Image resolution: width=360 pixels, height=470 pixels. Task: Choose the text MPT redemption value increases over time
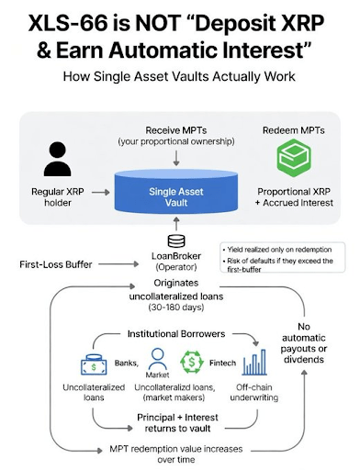(174, 454)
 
